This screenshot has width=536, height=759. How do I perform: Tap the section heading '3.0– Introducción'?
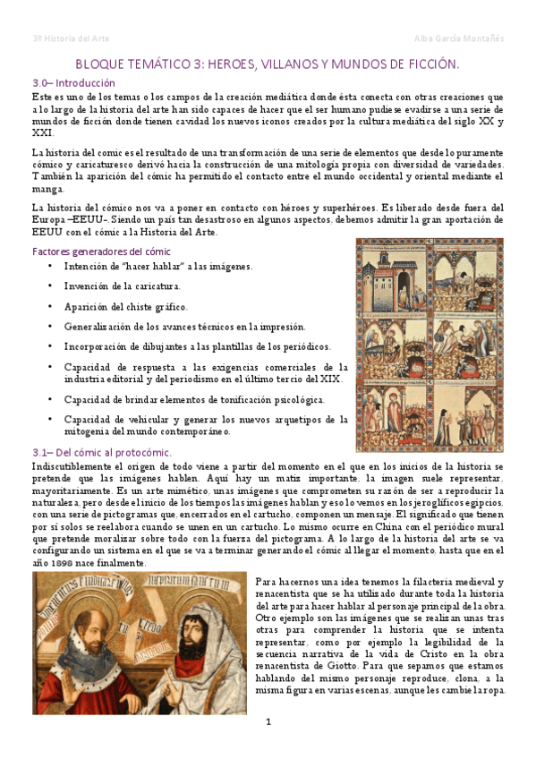73,82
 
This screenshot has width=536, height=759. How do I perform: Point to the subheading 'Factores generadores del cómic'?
101,251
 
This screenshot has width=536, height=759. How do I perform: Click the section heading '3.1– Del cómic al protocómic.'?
101,454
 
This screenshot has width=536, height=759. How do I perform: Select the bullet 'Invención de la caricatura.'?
123,286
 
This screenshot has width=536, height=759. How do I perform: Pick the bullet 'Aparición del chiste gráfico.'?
126,306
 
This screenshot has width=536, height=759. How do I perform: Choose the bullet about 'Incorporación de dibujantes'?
197,346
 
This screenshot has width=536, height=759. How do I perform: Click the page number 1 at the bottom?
268,721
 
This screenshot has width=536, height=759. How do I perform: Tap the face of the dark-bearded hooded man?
195,641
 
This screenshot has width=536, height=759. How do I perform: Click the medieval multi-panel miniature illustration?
429,344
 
